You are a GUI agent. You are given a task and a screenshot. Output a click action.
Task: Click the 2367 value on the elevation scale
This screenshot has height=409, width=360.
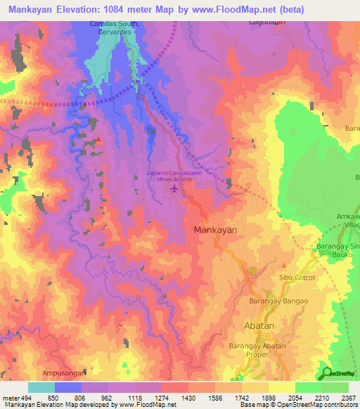pos(348,397)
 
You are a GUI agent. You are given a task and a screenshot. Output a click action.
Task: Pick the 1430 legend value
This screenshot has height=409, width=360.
pos(188,397)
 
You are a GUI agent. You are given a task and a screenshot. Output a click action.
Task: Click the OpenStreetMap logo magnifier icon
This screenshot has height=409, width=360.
pos(326,374)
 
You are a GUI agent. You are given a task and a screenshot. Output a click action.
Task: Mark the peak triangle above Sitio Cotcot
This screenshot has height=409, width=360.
pos(284,266)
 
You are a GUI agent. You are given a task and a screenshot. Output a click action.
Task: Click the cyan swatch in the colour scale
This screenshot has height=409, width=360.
pos(41,387)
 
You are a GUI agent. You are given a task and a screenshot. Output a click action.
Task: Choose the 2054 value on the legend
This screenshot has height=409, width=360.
pos(295,397)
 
